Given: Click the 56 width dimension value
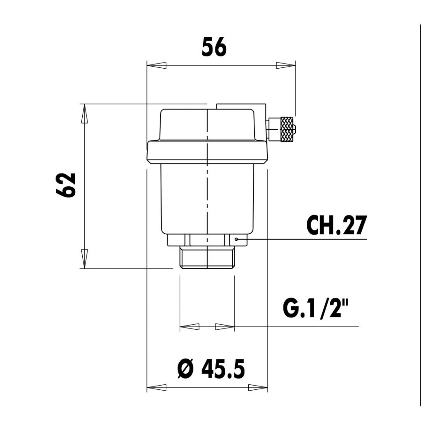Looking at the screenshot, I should pos(214,47).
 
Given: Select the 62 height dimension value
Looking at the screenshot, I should pos(66,185).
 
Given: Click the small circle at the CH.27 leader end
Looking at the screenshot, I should pos(236,239).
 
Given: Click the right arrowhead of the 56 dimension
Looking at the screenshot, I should pos(285,65).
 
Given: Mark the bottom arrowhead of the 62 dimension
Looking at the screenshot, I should pos(84,259).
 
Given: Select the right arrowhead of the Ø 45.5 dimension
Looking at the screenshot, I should pos(258,387).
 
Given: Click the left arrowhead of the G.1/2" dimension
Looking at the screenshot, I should pos(190,327).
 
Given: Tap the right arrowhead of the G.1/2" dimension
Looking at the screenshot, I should pos(224,327).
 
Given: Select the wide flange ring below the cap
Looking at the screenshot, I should pos(207,152).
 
